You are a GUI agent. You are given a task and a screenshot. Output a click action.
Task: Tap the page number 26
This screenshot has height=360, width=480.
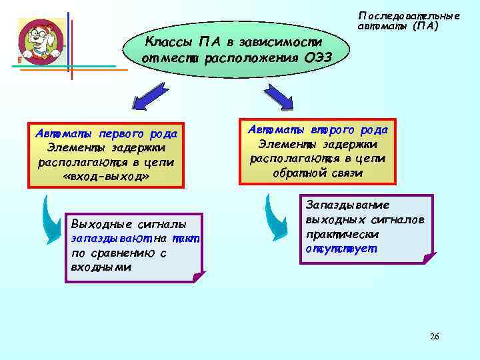tap(434, 336)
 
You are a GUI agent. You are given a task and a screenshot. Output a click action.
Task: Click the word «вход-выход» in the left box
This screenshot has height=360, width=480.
tap(106, 176)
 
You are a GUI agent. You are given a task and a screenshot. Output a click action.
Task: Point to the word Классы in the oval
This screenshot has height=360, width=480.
tap(166, 42)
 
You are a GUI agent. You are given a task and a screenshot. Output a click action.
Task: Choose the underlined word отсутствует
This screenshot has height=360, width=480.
tap(341, 249)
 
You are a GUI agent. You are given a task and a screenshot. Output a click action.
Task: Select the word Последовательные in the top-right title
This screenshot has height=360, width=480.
tap(409, 15)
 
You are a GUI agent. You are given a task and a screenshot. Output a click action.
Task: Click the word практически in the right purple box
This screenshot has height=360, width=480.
tap(342, 234)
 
